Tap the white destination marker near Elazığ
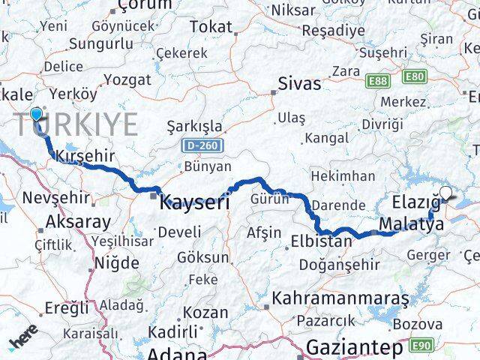(446, 193)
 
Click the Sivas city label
(299, 83)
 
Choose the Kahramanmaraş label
(340, 298)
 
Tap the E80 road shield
(414, 76)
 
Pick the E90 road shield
(422, 344)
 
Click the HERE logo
(24, 341)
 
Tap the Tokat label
(211, 27)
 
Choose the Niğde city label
(116, 263)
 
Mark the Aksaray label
(78, 221)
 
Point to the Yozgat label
(127, 79)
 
